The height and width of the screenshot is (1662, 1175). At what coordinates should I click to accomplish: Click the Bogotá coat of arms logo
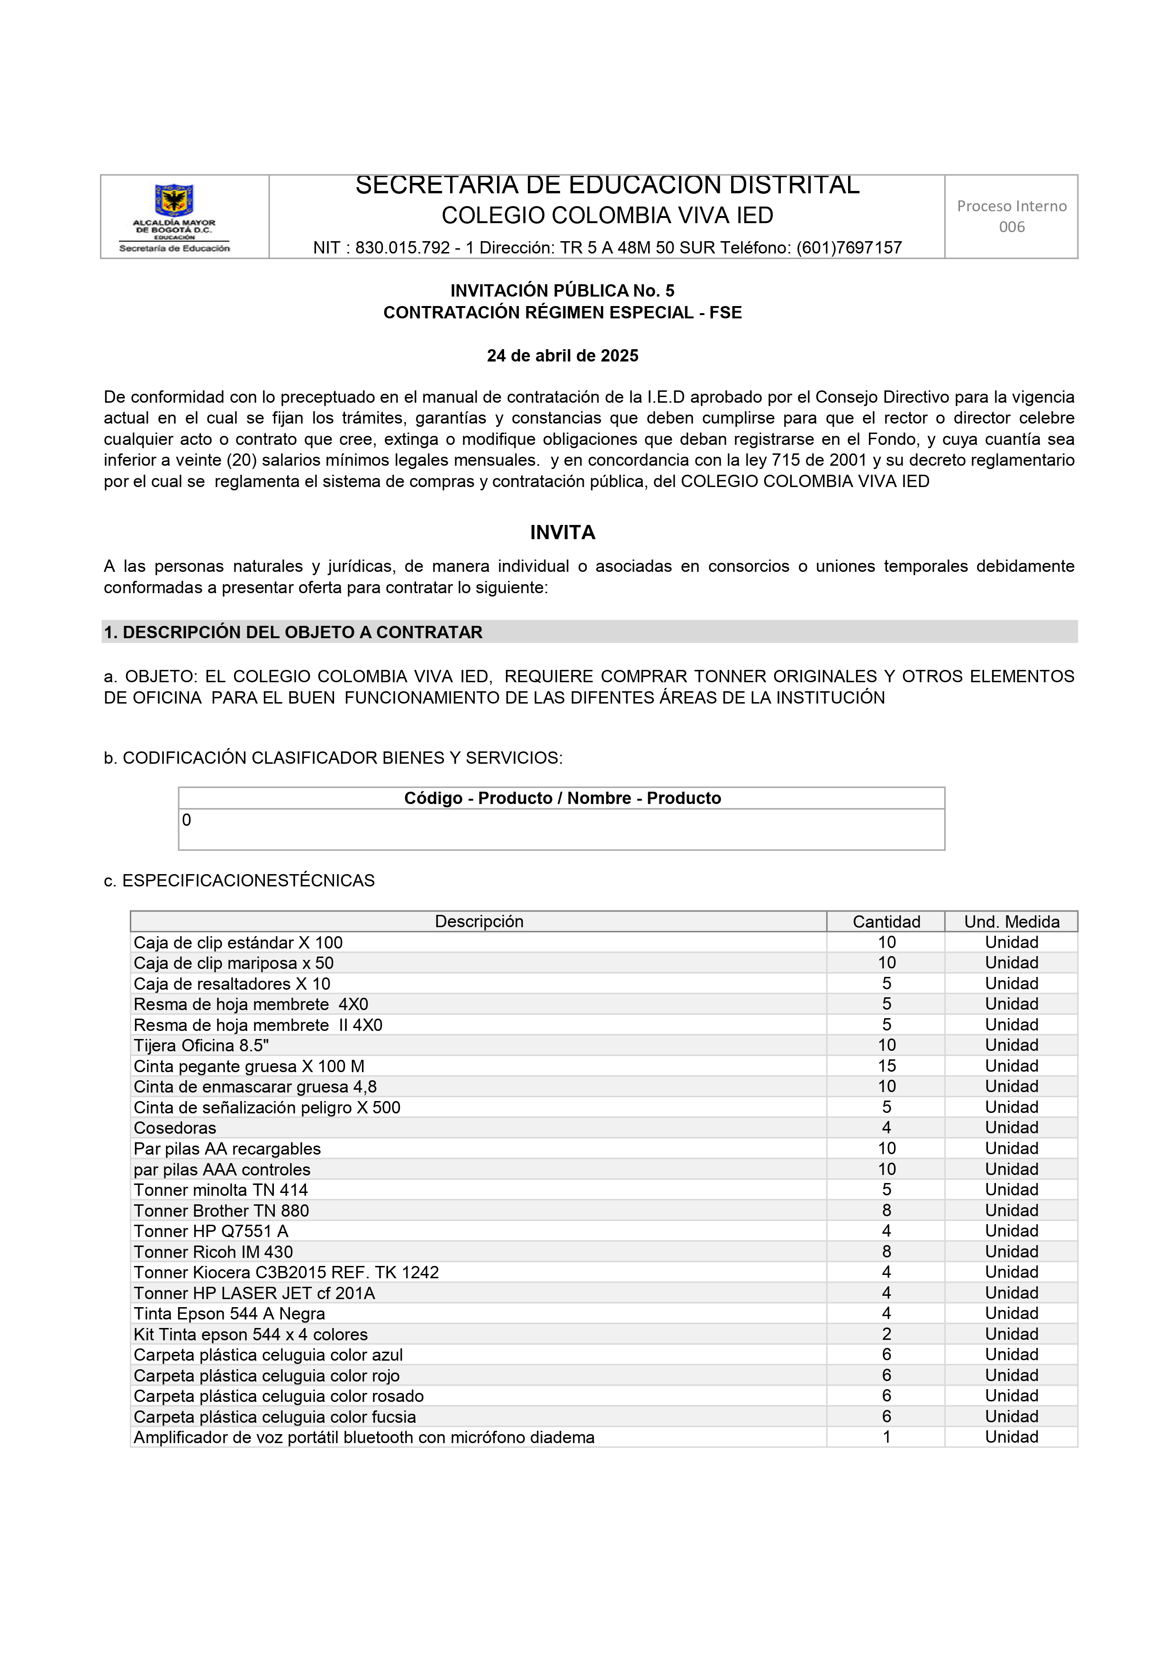tap(174, 200)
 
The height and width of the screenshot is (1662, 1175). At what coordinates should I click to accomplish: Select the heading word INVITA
tap(562, 533)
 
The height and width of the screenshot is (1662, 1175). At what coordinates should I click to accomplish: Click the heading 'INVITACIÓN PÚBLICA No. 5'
tap(562, 291)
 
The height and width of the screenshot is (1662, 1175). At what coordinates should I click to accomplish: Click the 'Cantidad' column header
tap(886, 921)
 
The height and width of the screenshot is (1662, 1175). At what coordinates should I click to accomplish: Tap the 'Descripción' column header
tap(478, 921)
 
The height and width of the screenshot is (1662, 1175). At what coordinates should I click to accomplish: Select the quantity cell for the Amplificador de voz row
tap(886, 1437)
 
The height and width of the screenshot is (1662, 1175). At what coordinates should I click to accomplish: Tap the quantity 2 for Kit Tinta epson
tap(886, 1334)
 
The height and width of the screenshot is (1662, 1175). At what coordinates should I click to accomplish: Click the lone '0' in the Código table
tap(187, 820)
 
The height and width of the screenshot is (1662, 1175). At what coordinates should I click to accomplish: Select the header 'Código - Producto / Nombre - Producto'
tap(562, 798)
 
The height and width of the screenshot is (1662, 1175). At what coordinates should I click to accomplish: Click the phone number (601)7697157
tap(849, 248)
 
